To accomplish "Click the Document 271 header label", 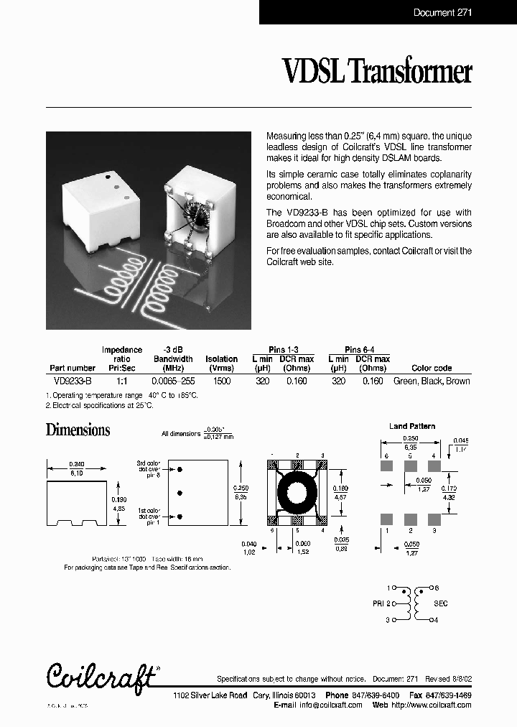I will pos(443,12).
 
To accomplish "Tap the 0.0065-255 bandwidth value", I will pos(173,381).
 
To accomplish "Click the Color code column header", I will pos(432,368).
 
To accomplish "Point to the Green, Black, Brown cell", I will pos(432,381).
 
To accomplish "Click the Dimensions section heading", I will pos(78,430).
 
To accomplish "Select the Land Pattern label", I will pos(412,426).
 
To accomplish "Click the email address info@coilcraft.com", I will pos(330,705).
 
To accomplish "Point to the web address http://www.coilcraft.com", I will pos(431,705).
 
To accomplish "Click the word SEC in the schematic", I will pos(440,603).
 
